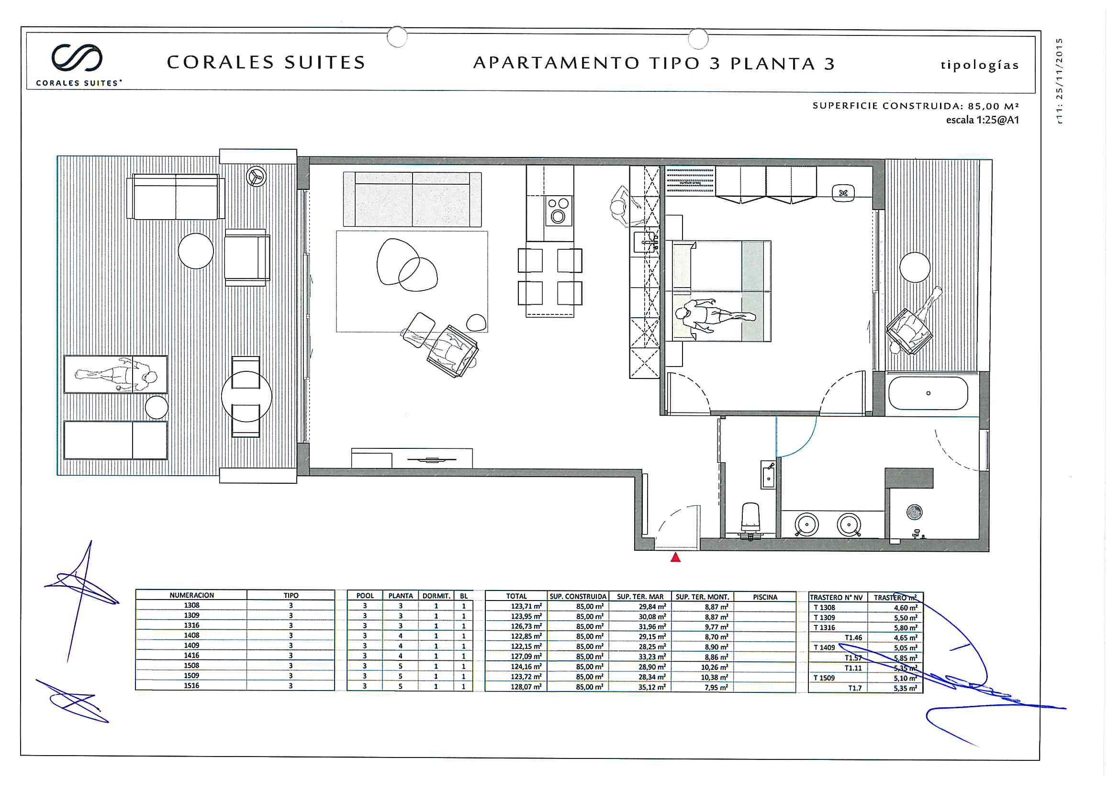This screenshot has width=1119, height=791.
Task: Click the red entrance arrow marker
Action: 675,557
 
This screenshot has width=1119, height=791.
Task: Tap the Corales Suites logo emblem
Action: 77,57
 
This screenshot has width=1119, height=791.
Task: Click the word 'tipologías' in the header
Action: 980,65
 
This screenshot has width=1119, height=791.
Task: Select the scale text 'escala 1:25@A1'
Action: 982,120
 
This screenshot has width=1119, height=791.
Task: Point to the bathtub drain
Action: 928,393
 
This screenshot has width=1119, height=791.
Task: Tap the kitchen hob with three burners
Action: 558,211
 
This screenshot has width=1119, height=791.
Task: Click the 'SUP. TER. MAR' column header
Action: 640,597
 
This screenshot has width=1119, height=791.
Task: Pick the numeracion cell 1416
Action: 191,656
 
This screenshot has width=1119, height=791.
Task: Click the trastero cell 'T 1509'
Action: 824,678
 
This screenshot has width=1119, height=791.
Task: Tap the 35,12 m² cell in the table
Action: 652,687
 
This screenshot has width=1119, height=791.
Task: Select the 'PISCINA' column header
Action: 765,597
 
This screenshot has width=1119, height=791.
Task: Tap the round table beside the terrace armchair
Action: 196,251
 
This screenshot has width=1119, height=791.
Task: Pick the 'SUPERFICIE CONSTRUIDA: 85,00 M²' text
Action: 915,106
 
